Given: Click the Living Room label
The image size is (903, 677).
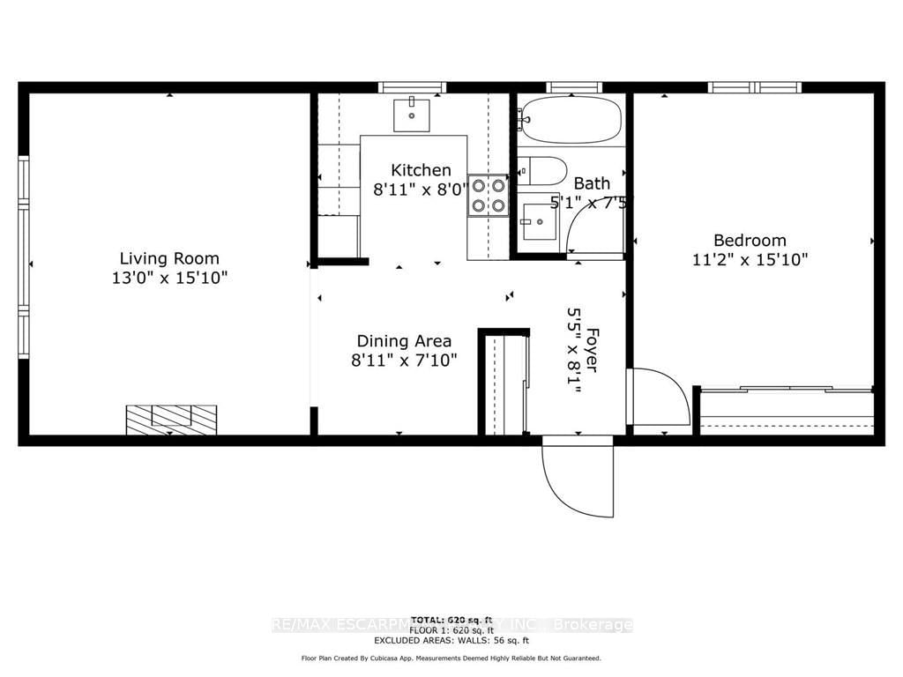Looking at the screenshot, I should pos(169,258).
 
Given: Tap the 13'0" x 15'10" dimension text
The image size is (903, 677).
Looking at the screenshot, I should pos(169,278).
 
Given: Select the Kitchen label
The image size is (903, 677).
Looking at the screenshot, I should pos(421,170).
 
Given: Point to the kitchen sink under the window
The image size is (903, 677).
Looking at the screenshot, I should pos(411,114).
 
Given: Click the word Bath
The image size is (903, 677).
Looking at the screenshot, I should pos(592,183).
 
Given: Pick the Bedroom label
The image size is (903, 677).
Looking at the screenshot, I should pos(750,240).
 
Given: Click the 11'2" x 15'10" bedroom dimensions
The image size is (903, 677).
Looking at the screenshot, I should pos(750,260).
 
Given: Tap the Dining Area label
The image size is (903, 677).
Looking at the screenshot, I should pos(404,340).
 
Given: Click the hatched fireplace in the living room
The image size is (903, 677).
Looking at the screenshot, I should pos(171,418).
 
